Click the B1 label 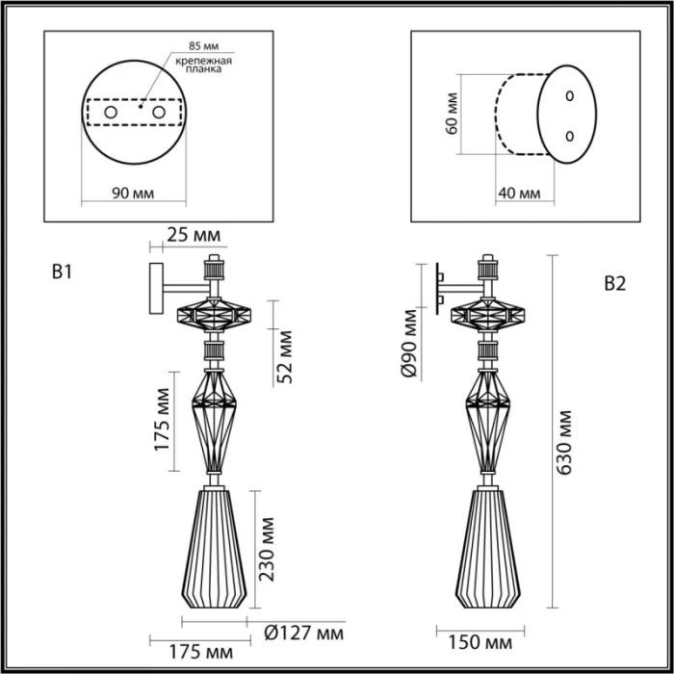63,272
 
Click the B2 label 614,283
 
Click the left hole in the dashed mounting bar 111,114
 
